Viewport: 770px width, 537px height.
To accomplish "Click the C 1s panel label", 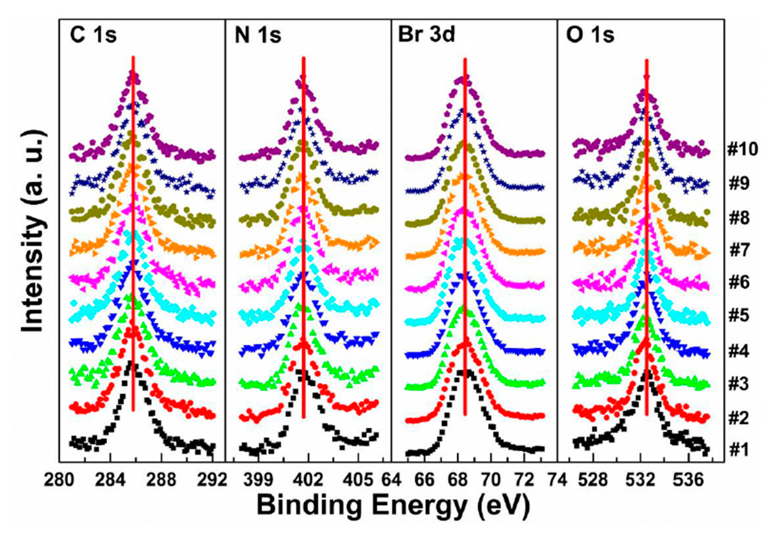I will tap(93, 36).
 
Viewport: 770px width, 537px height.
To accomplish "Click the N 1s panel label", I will tap(258, 36).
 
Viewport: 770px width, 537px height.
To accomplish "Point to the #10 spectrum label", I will tap(742, 149).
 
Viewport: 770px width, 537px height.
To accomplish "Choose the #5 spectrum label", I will tap(739, 316).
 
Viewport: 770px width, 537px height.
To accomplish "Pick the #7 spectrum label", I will tap(739, 250).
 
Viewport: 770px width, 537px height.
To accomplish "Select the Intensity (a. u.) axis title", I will tap(33, 232).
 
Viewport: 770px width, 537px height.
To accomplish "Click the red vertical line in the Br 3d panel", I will tap(465, 235).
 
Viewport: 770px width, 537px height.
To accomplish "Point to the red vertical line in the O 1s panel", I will tap(647, 235).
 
